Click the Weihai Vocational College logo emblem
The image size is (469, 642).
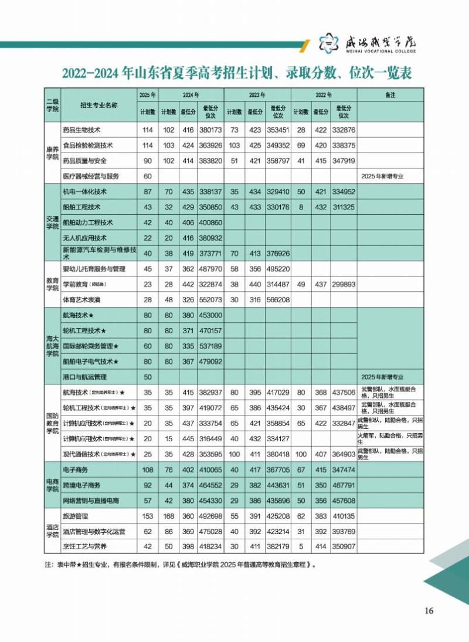tap(329, 43)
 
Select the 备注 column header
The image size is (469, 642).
tap(390, 95)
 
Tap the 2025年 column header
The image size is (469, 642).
tap(147, 95)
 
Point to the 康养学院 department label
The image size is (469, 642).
tap(53, 153)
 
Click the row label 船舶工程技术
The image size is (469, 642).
tap(81, 207)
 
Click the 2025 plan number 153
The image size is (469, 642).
tap(147, 516)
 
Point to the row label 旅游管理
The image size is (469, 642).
tap(74, 516)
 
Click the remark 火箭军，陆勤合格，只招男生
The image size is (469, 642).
tap(390, 438)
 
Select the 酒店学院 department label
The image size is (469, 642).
tap(53, 531)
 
